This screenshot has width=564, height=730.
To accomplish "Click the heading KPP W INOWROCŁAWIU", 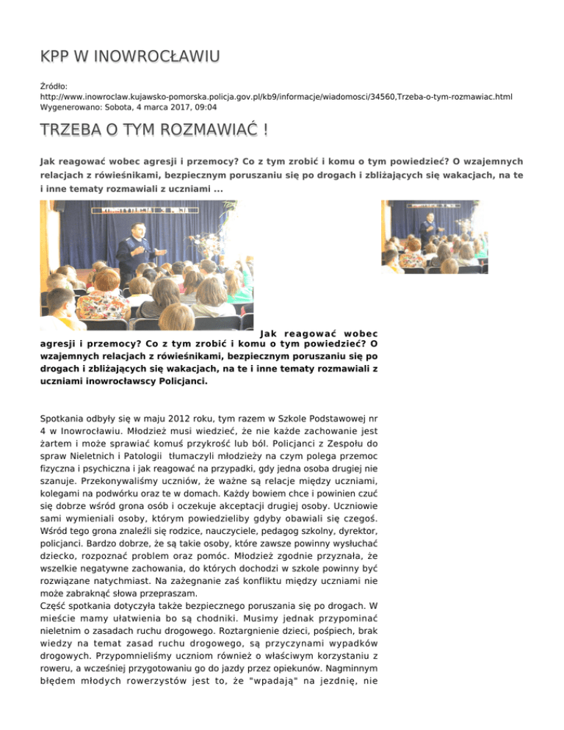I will (x=131, y=57).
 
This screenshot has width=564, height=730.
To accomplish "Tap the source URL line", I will (x=276, y=96).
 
